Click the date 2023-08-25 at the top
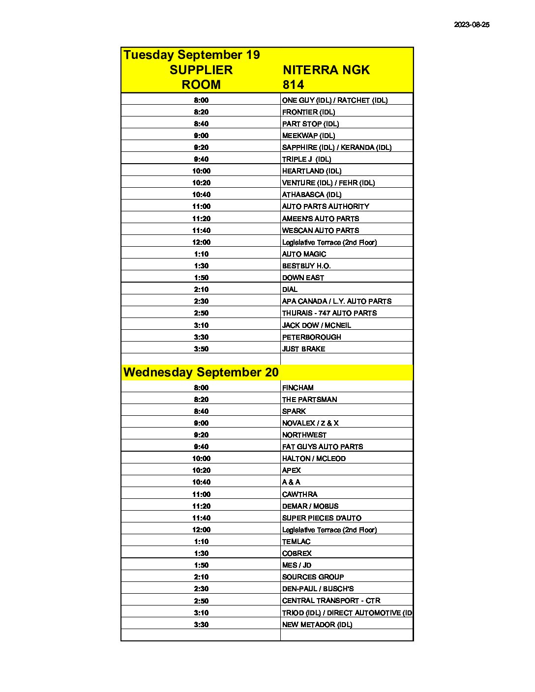pos(472,25)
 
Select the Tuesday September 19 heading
pos(192,55)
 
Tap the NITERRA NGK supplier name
pos(326,70)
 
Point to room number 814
pos(293,85)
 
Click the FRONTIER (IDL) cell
pos(308,112)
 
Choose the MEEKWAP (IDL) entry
pos(308,136)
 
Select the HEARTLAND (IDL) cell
pos(311,171)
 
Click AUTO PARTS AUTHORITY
pos(326,206)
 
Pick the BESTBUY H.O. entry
pos(306,266)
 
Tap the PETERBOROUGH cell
pos(311,337)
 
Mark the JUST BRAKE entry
pos(303,349)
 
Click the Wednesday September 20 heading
pos(201,372)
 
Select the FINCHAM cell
pos(297,388)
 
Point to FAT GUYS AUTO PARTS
pos(322,447)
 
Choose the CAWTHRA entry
pos(299,494)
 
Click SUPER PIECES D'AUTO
pos(322,518)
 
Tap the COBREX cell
pos(297,553)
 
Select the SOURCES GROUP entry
pos(313,577)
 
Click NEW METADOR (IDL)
pos(317,625)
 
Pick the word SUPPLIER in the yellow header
pos(201,70)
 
